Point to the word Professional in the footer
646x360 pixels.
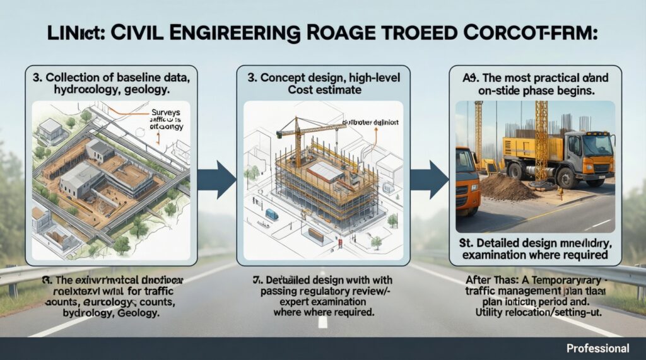click(x=597, y=348)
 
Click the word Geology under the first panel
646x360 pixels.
click(x=144, y=313)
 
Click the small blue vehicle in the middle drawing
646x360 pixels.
click(x=273, y=214)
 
